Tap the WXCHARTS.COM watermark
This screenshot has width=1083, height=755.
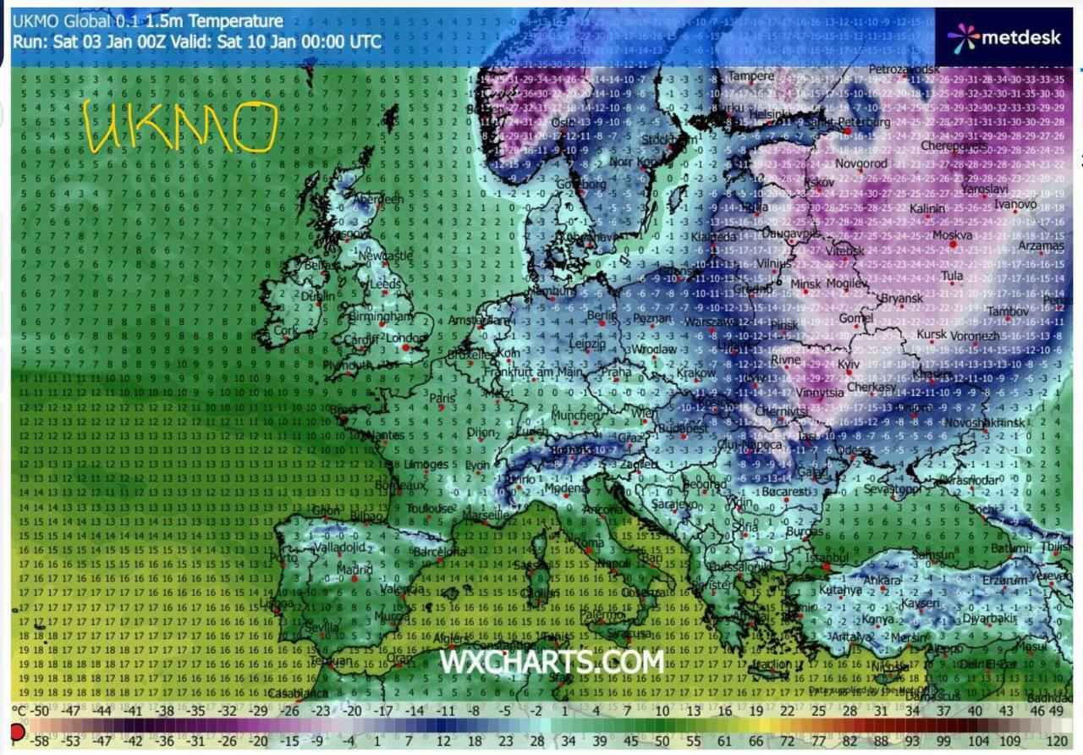(x=552, y=662)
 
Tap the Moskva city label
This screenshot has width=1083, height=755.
(x=953, y=234)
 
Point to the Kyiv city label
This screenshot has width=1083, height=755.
(x=848, y=363)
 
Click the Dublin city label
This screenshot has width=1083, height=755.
(x=318, y=297)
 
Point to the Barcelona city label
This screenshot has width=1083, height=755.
(x=440, y=552)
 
